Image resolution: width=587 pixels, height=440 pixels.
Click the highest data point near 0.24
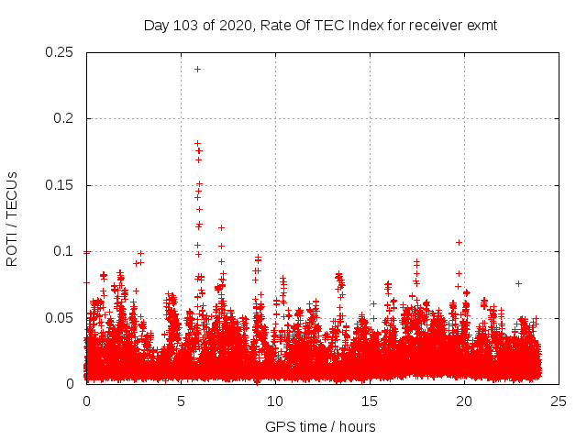coord(197,69)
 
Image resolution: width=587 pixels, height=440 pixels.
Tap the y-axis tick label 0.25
coord(61,52)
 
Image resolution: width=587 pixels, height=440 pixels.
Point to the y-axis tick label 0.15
coord(61,185)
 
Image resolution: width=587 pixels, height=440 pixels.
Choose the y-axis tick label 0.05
coord(61,317)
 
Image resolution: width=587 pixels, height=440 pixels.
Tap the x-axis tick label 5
coord(181,401)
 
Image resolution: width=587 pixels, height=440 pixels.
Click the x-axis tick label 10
coord(275,401)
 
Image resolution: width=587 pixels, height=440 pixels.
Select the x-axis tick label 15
coord(370,401)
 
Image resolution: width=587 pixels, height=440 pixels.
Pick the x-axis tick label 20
coord(463,401)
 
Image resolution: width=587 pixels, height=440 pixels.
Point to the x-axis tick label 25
coord(558,401)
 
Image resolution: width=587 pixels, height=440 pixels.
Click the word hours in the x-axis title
coord(357,426)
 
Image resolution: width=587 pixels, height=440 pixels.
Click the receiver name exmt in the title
coord(481,26)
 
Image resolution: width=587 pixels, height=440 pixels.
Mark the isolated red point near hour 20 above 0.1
coord(459,242)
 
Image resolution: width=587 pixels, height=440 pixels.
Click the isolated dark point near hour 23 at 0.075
coord(518,283)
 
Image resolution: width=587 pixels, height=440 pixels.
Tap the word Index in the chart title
coord(371,26)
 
